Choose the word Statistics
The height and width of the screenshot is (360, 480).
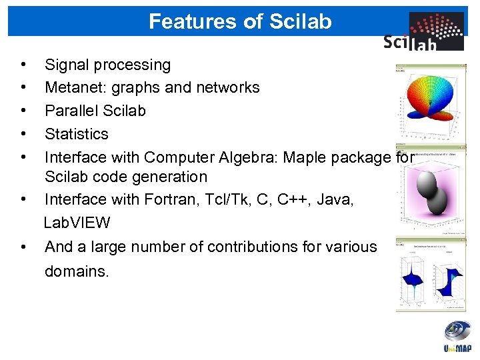76,133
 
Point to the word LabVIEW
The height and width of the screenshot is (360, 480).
77,222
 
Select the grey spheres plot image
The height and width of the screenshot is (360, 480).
431,190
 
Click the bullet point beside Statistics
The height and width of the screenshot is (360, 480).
23,133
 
